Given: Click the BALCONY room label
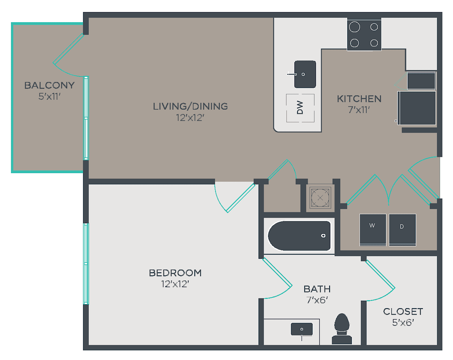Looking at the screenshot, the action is tap(49, 85).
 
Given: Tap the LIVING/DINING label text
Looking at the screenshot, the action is tap(190, 107).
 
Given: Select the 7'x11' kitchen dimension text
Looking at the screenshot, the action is tap(359, 110).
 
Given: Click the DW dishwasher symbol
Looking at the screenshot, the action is tap(300, 108).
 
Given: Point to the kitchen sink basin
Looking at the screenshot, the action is tap(305, 74).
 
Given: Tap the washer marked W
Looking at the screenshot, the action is tap(373, 230).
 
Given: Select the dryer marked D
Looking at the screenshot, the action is tap(402, 230).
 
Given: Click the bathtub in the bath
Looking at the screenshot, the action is tap(299, 236).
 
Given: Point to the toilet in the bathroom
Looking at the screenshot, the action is tap(342, 329).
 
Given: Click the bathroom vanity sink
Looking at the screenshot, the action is tap(302, 329).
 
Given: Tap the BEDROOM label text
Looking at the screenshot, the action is tap(175, 273).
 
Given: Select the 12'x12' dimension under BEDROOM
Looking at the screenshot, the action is tap(175, 284).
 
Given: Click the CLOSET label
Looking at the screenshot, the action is tap(403, 312).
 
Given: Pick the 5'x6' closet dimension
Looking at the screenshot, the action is tap(403, 323).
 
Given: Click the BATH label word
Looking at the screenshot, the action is tap(317, 289).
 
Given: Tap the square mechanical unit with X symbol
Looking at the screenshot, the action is tap(320, 198).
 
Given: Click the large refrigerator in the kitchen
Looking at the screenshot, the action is tap(417, 108).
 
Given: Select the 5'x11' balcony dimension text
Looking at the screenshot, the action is tap(49, 96).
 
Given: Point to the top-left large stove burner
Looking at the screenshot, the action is tap(354, 27).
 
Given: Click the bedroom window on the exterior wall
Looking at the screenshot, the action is tap(86, 264).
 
